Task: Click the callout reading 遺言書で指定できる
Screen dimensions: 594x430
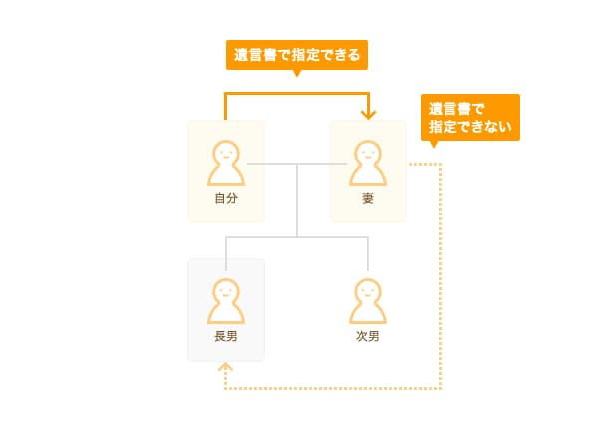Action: click(x=297, y=55)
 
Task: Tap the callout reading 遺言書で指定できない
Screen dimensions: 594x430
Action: click(x=470, y=117)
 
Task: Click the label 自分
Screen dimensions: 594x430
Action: click(x=226, y=198)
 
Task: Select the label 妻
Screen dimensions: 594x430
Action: click(x=368, y=198)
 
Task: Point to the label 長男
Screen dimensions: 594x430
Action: click(x=226, y=336)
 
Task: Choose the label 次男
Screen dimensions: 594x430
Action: click(x=368, y=336)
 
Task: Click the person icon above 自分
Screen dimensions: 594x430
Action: click(x=226, y=163)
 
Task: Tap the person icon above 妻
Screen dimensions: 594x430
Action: click(x=368, y=163)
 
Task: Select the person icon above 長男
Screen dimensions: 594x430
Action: click(x=226, y=301)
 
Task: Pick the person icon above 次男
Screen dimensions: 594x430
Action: click(x=368, y=301)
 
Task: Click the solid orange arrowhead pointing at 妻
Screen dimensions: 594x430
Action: click(x=368, y=115)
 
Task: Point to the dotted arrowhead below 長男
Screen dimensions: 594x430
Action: click(x=226, y=366)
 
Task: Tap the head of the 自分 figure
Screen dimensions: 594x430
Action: click(x=226, y=152)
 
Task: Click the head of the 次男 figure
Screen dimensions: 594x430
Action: click(x=368, y=290)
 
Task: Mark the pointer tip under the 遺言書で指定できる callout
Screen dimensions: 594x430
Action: click(x=297, y=76)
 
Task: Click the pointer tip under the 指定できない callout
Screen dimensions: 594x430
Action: click(x=435, y=147)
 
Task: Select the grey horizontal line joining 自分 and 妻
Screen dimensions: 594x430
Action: click(x=297, y=164)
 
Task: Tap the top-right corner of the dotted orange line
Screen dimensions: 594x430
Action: click(x=441, y=165)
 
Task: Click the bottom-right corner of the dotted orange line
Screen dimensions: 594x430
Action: click(x=441, y=388)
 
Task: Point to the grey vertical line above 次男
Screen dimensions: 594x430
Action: click(x=368, y=254)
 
